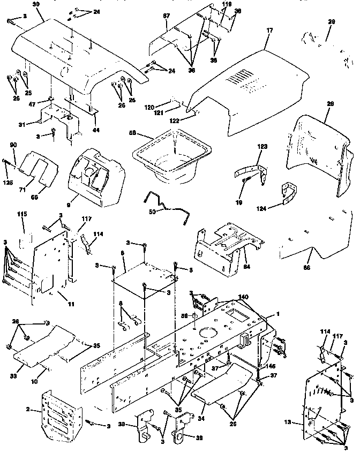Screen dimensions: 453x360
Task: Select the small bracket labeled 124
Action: pyautogui.click(x=290, y=193)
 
